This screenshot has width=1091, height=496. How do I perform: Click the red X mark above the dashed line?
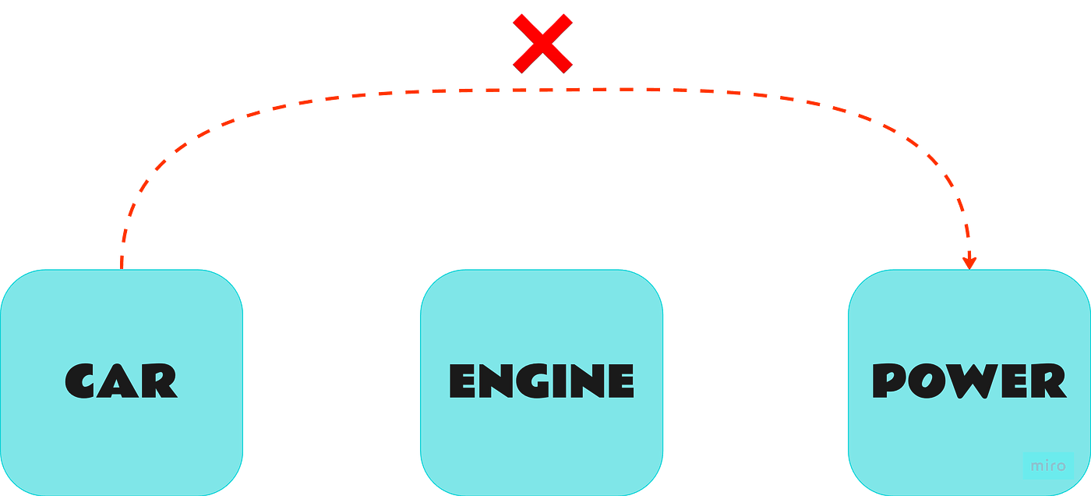542,43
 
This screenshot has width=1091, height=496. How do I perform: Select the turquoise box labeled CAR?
122,381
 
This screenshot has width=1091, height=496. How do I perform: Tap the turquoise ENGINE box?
542,381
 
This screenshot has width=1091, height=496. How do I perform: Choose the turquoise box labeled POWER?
968,381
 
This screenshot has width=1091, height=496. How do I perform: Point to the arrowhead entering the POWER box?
969,260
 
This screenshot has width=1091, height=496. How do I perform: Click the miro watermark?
1047,466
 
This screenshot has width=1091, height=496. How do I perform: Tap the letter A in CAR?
121,381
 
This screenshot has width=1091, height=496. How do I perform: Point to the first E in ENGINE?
463,381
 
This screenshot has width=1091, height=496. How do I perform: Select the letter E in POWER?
1013,381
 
